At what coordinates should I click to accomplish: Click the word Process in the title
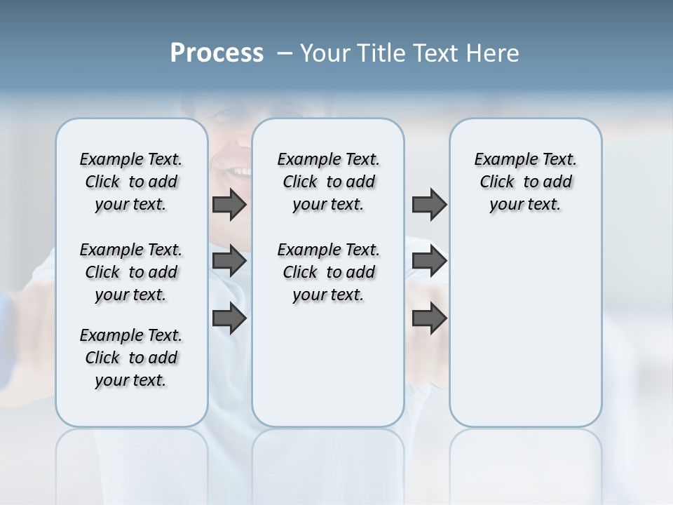pyautogui.click(x=217, y=53)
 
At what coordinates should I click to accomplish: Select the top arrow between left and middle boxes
pyautogui.click(x=229, y=205)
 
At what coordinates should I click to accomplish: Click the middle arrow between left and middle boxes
pyautogui.click(x=229, y=261)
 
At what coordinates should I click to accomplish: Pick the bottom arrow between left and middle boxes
pyautogui.click(x=229, y=318)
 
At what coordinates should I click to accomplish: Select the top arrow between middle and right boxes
pyautogui.click(x=429, y=205)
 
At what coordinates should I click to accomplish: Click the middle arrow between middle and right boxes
pyautogui.click(x=429, y=261)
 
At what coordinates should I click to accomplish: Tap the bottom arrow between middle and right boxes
pyautogui.click(x=429, y=318)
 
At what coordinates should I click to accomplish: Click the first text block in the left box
pyautogui.click(x=131, y=182)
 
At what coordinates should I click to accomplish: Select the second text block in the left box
pyautogui.click(x=131, y=272)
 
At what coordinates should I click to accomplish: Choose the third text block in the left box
pyautogui.click(x=131, y=358)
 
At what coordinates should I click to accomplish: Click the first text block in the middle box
pyautogui.click(x=329, y=182)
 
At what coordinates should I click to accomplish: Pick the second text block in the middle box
pyautogui.click(x=329, y=272)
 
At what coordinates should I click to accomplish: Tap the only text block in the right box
pyautogui.click(x=526, y=182)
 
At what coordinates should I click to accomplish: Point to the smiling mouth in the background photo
pyautogui.click(x=237, y=170)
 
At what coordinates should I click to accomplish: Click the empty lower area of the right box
pyautogui.click(x=526, y=337)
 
